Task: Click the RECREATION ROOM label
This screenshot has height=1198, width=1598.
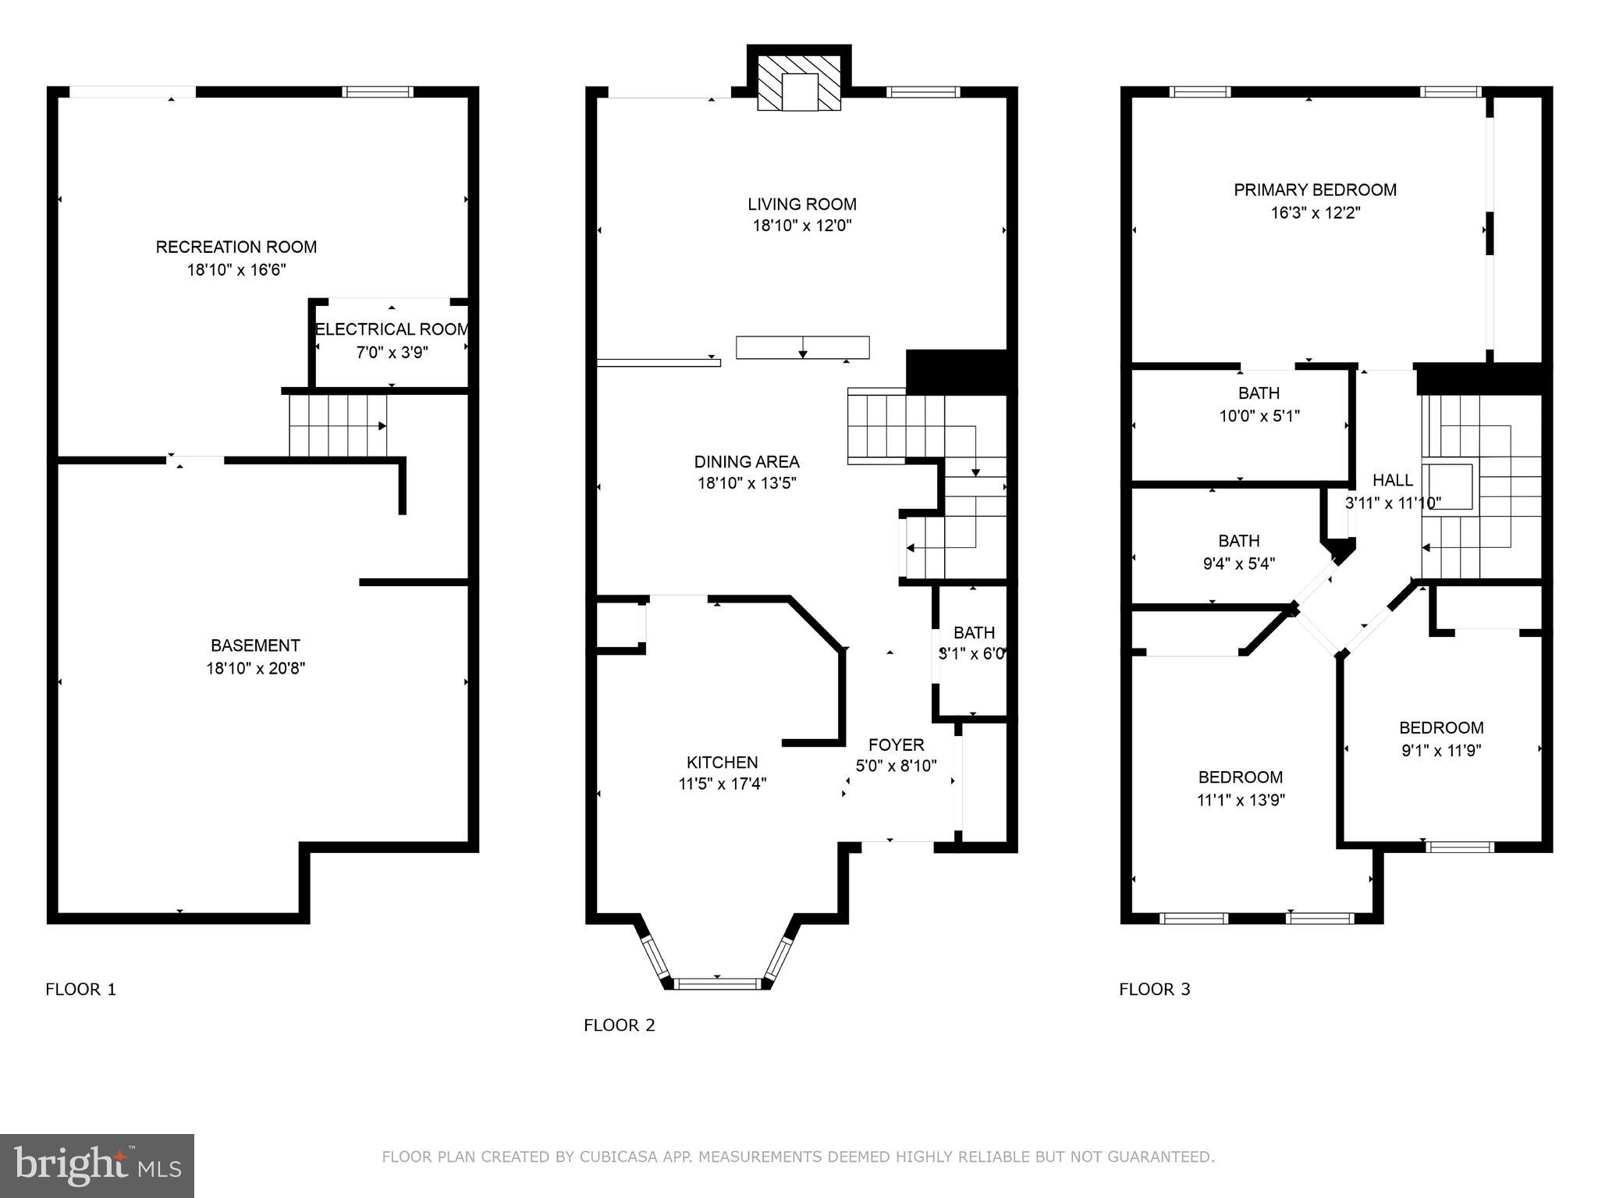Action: (236, 247)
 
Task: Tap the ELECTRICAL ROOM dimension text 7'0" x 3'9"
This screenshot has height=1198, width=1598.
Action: (392, 353)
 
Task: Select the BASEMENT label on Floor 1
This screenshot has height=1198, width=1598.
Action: (255, 645)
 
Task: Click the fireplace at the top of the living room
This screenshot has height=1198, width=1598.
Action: (799, 82)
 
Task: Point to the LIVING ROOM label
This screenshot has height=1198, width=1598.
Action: (801, 204)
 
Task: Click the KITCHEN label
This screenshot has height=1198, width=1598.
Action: (722, 763)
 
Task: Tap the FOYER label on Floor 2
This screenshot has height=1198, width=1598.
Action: (896, 745)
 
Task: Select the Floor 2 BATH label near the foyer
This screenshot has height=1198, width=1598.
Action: (974, 632)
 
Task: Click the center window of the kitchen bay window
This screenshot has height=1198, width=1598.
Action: (716, 983)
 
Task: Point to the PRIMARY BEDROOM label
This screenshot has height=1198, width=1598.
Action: (1315, 190)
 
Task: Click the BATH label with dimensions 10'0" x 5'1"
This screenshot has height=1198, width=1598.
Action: (1259, 393)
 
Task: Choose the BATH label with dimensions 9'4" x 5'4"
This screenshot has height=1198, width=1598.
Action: (1239, 541)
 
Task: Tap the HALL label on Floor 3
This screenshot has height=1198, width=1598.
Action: (1392, 480)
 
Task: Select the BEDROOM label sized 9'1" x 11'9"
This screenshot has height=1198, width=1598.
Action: (1440, 728)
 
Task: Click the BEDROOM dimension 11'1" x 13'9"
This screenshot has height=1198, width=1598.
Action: (1241, 800)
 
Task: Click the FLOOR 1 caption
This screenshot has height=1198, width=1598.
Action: (80, 990)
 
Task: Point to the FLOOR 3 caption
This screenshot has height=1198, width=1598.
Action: (1154, 990)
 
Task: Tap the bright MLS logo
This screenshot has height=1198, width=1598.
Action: (97, 1165)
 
